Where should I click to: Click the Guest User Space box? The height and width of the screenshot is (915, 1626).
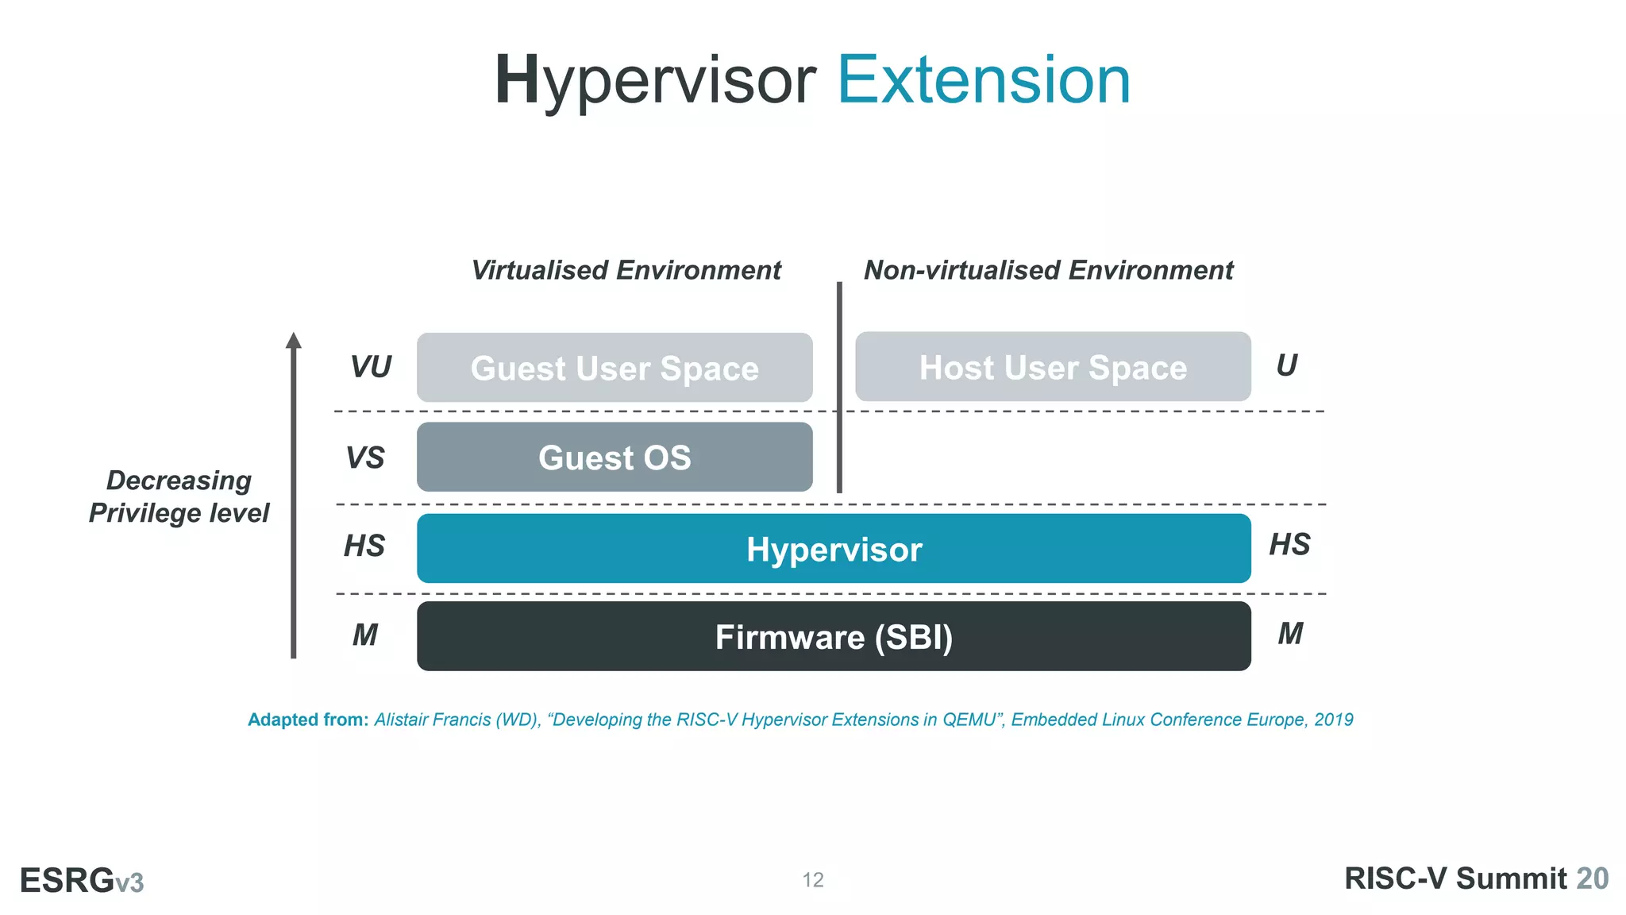[615, 368]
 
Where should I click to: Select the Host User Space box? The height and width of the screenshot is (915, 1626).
[1053, 367]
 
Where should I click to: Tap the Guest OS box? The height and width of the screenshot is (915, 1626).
[615, 457]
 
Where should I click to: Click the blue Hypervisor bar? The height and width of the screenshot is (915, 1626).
[834, 549]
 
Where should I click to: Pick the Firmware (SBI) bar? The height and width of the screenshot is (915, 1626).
[834, 637]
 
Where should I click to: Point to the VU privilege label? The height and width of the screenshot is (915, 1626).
[370, 367]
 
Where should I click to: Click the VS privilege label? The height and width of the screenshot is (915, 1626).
[365, 458]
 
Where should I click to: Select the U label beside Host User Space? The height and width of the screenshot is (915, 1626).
[1286, 365]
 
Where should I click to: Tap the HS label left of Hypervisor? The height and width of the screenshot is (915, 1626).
[364, 546]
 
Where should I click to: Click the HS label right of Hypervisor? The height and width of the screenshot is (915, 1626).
[1289, 545]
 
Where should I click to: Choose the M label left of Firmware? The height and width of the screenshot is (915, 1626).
[365, 635]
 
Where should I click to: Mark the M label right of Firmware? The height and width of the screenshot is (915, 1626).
[1290, 634]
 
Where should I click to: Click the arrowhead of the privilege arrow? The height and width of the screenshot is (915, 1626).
[294, 341]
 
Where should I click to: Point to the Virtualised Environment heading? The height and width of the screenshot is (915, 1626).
[626, 270]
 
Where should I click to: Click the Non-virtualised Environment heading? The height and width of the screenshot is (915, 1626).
[1048, 270]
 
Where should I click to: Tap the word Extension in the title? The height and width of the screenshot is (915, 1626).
[984, 80]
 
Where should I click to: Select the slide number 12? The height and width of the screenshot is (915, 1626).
[813, 880]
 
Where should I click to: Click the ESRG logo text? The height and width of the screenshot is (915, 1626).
[67, 881]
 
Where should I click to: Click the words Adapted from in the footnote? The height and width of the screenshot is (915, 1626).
[308, 720]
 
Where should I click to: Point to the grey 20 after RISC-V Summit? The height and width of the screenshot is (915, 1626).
[1592, 879]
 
